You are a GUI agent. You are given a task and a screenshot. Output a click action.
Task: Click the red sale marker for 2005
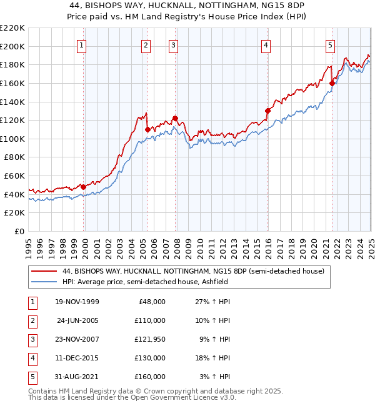(x=147, y=129)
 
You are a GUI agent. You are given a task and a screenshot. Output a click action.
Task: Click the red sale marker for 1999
(x=83, y=187)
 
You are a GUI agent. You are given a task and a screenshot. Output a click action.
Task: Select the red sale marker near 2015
(x=267, y=111)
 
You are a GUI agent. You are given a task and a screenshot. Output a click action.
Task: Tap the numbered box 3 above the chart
(x=173, y=45)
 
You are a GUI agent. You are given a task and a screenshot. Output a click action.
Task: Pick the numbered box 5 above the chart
(x=329, y=45)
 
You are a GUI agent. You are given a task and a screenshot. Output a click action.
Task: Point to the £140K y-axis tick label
(x=13, y=101)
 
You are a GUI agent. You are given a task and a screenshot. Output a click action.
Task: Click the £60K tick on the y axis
(x=16, y=176)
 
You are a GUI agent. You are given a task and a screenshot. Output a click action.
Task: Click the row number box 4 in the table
(x=31, y=358)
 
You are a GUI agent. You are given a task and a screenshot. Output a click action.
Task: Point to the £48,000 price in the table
(x=151, y=302)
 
